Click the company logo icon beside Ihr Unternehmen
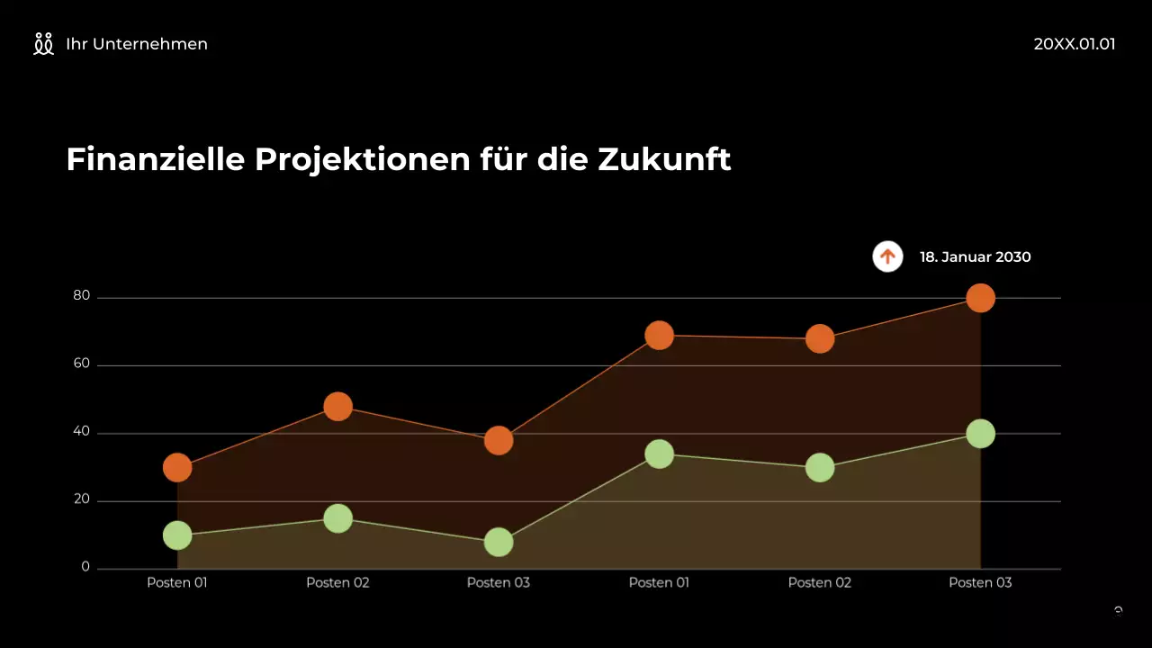click(43, 44)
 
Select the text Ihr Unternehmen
click(137, 44)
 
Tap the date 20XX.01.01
click(1074, 44)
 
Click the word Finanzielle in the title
click(156, 160)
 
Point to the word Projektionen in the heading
click(363, 160)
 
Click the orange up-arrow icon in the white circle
click(887, 256)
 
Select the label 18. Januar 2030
click(975, 257)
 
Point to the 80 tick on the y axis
click(82, 296)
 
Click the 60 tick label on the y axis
click(82, 364)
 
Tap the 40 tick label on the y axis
click(82, 432)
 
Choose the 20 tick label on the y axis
click(82, 499)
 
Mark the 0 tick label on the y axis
click(85, 567)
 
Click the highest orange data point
click(980, 298)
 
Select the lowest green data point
click(499, 542)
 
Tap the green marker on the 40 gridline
click(980, 434)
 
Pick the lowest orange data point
click(177, 468)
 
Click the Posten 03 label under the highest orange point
click(980, 582)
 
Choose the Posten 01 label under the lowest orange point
click(177, 582)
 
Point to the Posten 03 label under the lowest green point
click(499, 582)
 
